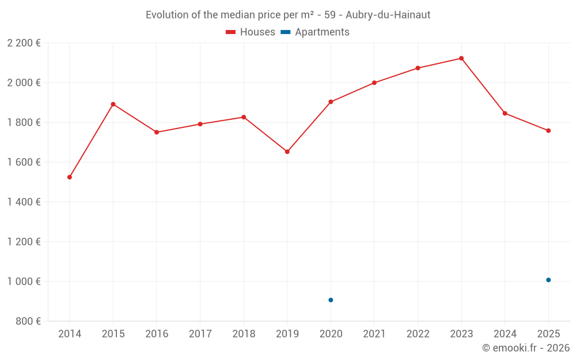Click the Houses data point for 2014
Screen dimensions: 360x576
click(70, 177)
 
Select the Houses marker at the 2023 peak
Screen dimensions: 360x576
click(461, 58)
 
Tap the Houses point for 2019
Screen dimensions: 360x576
click(287, 152)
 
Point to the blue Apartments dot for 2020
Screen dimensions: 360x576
click(331, 300)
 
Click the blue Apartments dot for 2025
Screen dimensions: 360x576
click(548, 280)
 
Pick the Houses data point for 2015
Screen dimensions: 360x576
click(113, 104)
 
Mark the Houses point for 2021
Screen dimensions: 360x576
click(374, 83)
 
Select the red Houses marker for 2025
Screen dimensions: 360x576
click(548, 131)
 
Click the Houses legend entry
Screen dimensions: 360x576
click(251, 32)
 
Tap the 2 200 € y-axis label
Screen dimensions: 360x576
click(24, 43)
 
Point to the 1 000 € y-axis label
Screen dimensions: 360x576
click(24, 282)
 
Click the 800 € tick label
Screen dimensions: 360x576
click(27, 321)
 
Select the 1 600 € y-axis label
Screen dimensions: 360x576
click(24, 162)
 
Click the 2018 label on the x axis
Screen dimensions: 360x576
click(244, 334)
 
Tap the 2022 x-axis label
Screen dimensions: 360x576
click(418, 334)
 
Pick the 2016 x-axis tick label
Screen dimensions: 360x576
click(157, 334)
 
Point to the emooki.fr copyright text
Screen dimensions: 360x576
click(526, 348)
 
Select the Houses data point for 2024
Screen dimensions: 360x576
click(505, 113)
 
